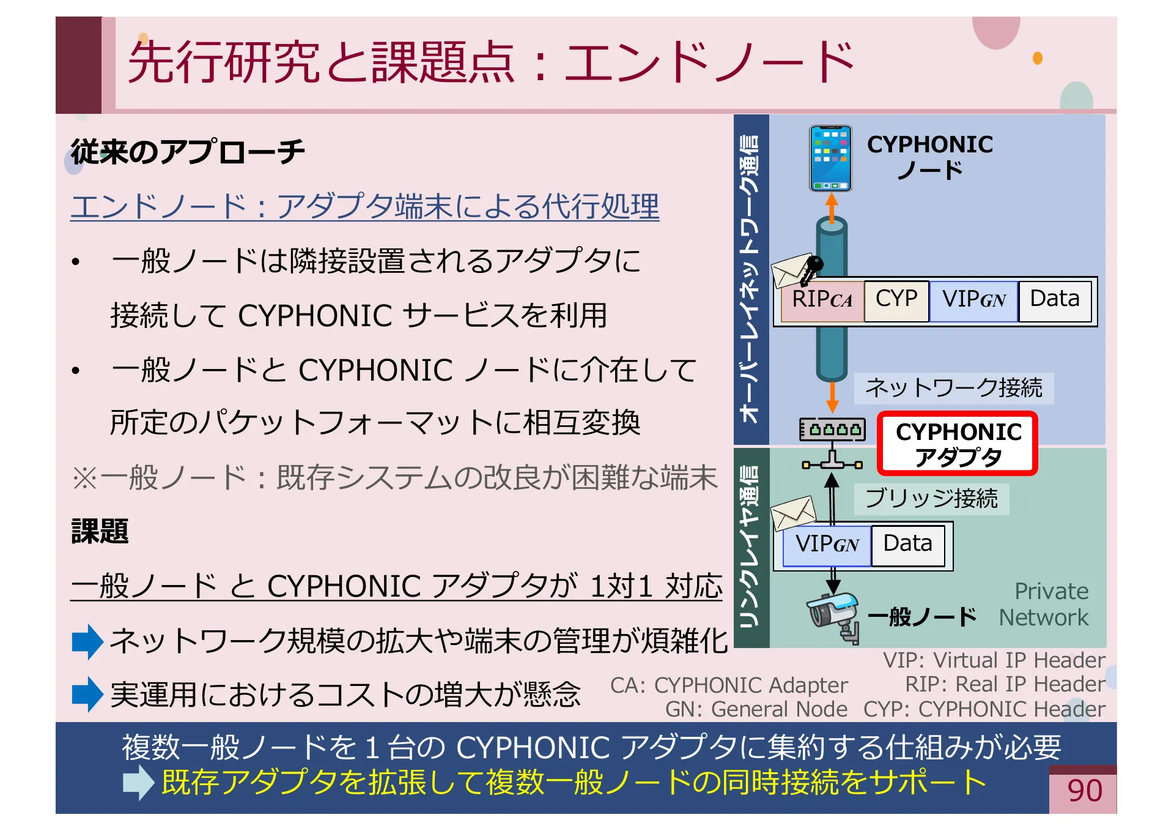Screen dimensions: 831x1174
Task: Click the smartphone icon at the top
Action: (830, 158)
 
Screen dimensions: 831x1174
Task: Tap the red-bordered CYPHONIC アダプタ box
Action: (958, 444)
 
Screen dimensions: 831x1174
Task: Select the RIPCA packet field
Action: (822, 300)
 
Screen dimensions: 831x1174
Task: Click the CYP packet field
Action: (896, 300)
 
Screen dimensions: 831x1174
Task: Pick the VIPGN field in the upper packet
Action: (973, 300)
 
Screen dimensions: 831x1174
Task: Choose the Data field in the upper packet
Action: (1055, 300)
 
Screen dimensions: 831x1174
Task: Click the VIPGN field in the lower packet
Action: (827, 545)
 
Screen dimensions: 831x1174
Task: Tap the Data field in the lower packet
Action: (908, 545)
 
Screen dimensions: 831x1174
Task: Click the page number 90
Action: (1085, 791)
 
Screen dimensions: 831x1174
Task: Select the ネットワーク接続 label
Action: (953, 388)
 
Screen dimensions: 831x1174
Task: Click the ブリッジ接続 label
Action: (931, 499)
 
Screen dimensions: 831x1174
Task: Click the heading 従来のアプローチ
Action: (188, 152)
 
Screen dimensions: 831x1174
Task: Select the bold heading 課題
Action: (100, 531)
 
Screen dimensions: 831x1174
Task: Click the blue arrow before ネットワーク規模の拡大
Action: (87, 641)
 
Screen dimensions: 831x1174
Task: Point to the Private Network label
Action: (1045, 605)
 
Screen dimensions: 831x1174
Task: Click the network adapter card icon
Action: (832, 430)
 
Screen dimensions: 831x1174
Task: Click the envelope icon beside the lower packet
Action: (793, 513)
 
